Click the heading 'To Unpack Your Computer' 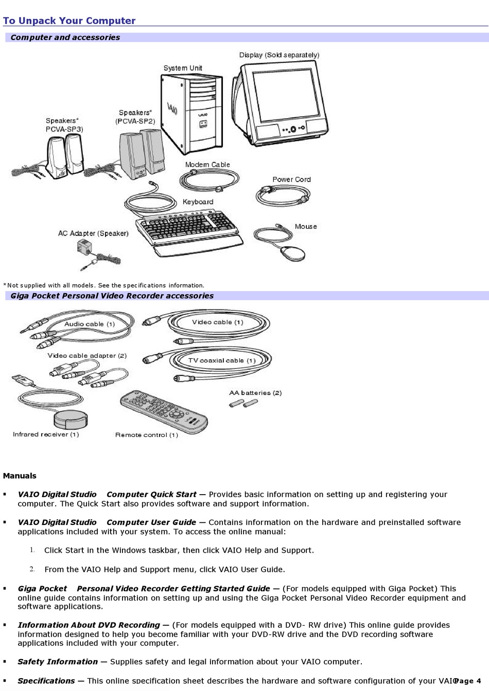[69, 21]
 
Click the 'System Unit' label [183, 68]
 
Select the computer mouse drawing [292, 253]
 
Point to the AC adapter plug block [84, 247]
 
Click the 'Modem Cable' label [207, 165]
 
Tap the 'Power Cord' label [292, 179]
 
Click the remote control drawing [164, 411]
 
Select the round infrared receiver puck [71, 419]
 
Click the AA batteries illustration [243, 403]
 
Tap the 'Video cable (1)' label [218, 322]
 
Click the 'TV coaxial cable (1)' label [222, 360]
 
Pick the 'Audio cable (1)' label [90, 324]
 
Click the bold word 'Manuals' [20, 476]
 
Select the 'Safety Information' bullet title [58, 662]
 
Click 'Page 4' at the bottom [468, 681]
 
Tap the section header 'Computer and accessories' [65, 38]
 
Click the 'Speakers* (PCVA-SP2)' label [135, 117]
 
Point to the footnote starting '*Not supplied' [104, 285]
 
